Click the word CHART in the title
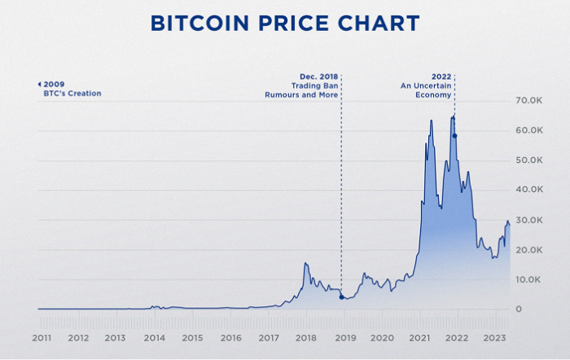[380, 23]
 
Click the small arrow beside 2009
[39, 84]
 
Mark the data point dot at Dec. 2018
[341, 296]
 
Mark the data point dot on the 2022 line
[454, 135]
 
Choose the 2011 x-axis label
[42, 337]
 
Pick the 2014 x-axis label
[155, 337]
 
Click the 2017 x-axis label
[269, 337]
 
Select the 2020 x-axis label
[382, 337]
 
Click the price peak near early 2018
[305, 263]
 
